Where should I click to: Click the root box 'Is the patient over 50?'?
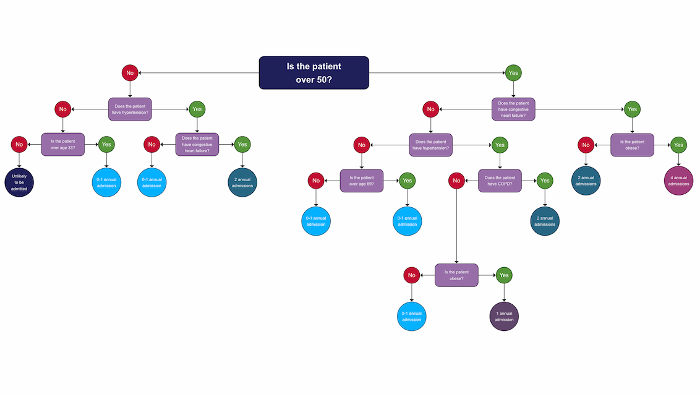pyautogui.click(x=314, y=72)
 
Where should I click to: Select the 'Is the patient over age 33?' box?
pyautogui.click(x=62, y=144)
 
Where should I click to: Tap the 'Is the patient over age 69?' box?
pyautogui.click(x=362, y=181)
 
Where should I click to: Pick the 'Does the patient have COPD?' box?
pyautogui.click(x=500, y=181)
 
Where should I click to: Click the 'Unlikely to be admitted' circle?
pyautogui.click(x=19, y=182)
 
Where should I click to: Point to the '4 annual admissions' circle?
pyautogui.click(x=678, y=181)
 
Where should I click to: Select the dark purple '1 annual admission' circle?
pyautogui.click(x=504, y=317)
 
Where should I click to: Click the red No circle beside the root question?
pyautogui.click(x=130, y=73)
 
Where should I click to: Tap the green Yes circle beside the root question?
pyautogui.click(x=513, y=73)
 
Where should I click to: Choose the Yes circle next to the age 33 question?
pyautogui.click(x=106, y=145)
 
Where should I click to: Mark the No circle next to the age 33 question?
pyautogui.click(x=19, y=145)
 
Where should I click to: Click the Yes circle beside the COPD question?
pyautogui.click(x=545, y=181)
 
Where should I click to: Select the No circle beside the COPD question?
pyautogui.click(x=456, y=181)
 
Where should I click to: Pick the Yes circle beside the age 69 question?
pyautogui.click(x=407, y=181)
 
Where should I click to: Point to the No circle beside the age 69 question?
pyautogui.click(x=316, y=181)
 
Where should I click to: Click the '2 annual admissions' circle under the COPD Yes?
pyautogui.click(x=545, y=221)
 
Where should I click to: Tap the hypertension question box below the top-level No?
pyautogui.click(x=130, y=109)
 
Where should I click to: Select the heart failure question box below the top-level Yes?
pyautogui.click(x=513, y=109)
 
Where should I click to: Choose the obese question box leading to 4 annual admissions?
pyautogui.click(x=632, y=145)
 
